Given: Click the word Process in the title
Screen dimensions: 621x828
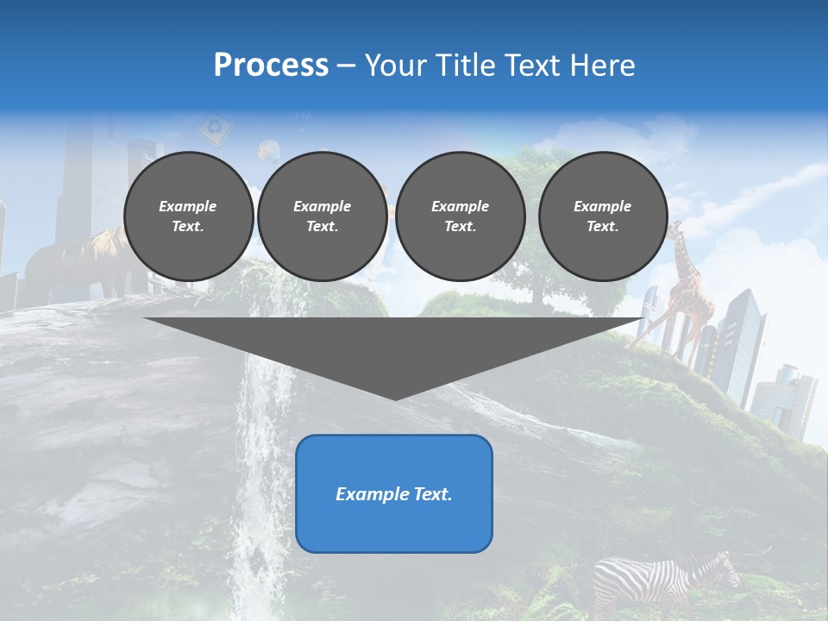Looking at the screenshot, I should pyautogui.click(x=271, y=66).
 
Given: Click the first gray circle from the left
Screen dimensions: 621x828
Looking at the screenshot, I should pyautogui.click(x=188, y=216).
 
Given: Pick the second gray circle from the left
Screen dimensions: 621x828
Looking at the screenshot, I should pyautogui.click(x=323, y=216).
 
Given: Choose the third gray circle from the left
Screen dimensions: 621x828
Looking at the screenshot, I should pyautogui.click(x=461, y=216).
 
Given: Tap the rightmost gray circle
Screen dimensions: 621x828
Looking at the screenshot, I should pyautogui.click(x=603, y=216).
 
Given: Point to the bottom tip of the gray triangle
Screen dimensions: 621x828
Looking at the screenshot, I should pyautogui.click(x=395, y=398).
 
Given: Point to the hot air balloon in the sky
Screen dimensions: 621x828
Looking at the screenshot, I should pyautogui.click(x=270, y=152).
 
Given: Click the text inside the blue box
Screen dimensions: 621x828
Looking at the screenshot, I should pyautogui.click(x=394, y=494).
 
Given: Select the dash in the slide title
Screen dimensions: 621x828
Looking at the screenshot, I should pyautogui.click(x=347, y=66).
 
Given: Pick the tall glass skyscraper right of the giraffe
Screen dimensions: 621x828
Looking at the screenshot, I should pyautogui.click(x=744, y=345).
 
